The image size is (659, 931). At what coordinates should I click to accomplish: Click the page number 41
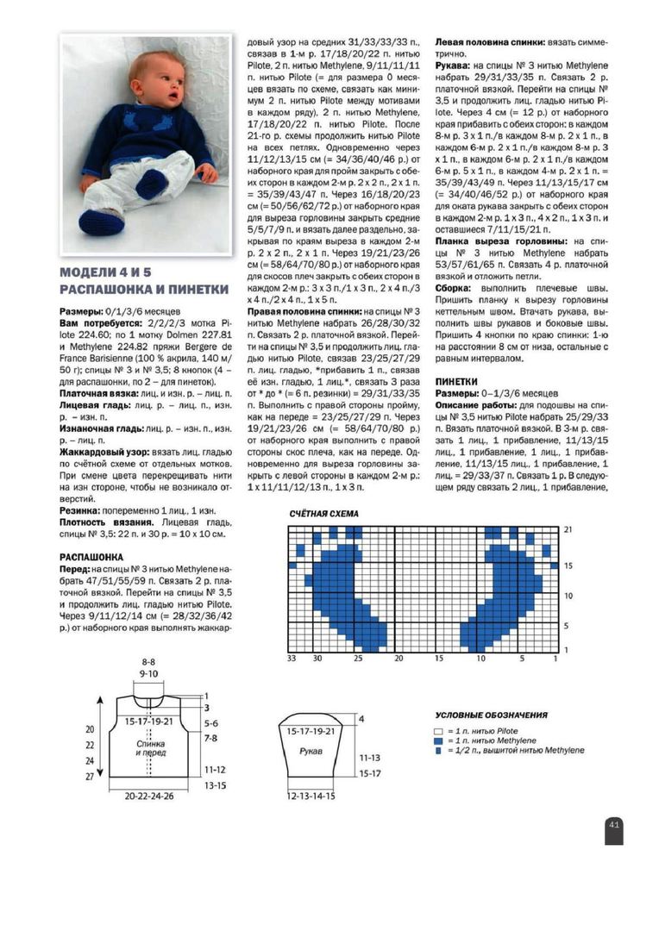point(614,824)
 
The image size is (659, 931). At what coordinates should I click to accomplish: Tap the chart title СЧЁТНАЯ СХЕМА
point(324,515)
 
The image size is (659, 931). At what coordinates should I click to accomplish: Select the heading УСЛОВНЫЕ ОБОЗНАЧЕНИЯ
point(492,715)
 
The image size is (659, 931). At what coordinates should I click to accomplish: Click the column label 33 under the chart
point(292,658)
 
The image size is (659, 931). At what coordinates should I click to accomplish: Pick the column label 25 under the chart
point(358,658)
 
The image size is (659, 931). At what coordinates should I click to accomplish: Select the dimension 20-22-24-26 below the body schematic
point(149,796)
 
